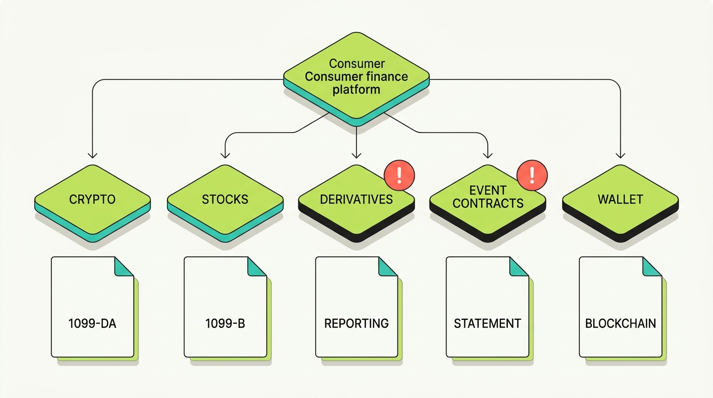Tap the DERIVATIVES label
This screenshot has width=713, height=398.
pyautogui.click(x=356, y=200)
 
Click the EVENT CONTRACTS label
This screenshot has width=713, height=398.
pyautogui.click(x=488, y=197)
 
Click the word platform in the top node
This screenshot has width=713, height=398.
pyautogui.click(x=356, y=90)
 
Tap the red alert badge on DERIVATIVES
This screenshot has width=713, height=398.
pyautogui.click(x=399, y=176)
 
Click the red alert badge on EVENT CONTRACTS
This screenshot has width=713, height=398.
pyautogui.click(x=532, y=176)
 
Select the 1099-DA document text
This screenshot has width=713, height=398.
pyautogui.click(x=92, y=323)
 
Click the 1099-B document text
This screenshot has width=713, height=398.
pyautogui.click(x=225, y=323)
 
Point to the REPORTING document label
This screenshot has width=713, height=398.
pyautogui.click(x=356, y=323)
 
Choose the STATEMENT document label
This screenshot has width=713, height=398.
pyautogui.click(x=487, y=323)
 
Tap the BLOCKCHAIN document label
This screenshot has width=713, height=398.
pyautogui.click(x=620, y=323)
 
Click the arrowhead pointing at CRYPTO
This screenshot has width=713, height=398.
pyautogui.click(x=92, y=155)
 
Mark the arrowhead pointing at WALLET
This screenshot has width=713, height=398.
pyautogui.click(x=620, y=155)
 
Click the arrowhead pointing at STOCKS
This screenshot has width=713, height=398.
pyautogui.click(x=225, y=155)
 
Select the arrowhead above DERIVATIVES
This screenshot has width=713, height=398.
pyautogui.click(x=356, y=155)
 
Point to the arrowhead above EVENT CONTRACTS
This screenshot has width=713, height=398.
pyautogui.click(x=488, y=155)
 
